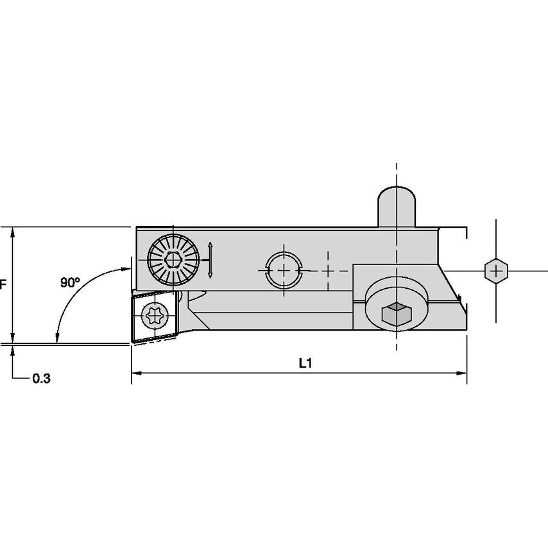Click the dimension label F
[3, 284]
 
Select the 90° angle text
[71, 282]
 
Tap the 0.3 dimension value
[41, 379]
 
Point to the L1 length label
[305, 363]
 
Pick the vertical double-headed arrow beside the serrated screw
[210, 261]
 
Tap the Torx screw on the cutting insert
[155, 316]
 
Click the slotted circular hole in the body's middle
[284, 271]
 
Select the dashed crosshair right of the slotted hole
[329, 271]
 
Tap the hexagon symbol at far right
[495, 271]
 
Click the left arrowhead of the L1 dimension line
[135, 372]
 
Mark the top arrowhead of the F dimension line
[13, 230]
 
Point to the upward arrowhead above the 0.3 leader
[13, 350]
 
